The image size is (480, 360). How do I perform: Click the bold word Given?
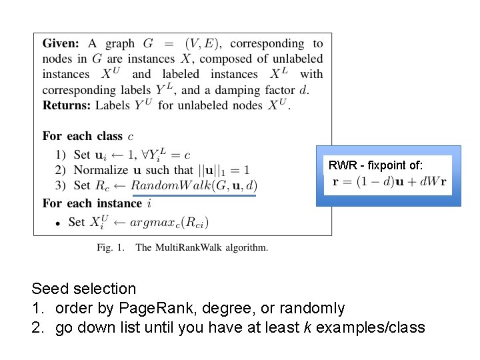[x=61, y=44]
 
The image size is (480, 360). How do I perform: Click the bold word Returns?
[x=66, y=105]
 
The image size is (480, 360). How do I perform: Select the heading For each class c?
[x=83, y=136]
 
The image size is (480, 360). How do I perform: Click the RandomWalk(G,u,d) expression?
[x=194, y=186]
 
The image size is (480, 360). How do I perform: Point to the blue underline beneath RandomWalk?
[x=194, y=196]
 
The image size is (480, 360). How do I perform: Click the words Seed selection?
[x=84, y=289]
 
